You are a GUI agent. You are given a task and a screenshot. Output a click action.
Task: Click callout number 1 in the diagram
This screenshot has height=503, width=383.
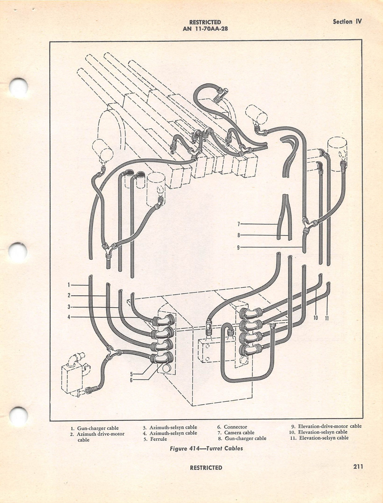(69, 285)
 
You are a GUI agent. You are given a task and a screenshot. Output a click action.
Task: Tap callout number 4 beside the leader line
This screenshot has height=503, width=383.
(69, 317)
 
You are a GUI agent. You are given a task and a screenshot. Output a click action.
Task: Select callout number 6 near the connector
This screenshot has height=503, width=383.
(132, 380)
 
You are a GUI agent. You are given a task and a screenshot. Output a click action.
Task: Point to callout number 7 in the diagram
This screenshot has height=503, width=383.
(239, 224)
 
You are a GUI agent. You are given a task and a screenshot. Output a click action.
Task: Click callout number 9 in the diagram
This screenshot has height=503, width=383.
(239, 247)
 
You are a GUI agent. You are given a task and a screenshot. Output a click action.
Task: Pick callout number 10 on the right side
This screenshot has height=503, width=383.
(316, 318)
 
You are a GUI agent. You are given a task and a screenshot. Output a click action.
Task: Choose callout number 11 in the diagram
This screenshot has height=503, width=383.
(327, 318)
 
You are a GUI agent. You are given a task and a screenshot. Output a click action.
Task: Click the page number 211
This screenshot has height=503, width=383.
(358, 467)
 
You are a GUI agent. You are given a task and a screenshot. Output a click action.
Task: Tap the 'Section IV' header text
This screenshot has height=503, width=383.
(347, 22)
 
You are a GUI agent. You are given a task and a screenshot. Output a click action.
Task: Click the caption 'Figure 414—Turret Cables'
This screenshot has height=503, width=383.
(206, 448)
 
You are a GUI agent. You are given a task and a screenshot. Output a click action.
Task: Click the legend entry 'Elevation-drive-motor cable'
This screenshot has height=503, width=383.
(330, 426)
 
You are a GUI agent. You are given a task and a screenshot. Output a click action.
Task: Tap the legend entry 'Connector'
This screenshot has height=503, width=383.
(235, 427)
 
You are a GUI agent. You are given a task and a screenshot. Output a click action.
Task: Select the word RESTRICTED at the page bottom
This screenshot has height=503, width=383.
(206, 467)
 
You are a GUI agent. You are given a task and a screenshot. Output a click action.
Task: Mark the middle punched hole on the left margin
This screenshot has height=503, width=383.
(18, 252)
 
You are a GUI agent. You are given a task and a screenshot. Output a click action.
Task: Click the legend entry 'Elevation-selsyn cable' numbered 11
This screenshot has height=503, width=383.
(324, 438)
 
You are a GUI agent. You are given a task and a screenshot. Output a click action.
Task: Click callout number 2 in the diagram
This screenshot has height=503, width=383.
(69, 296)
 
